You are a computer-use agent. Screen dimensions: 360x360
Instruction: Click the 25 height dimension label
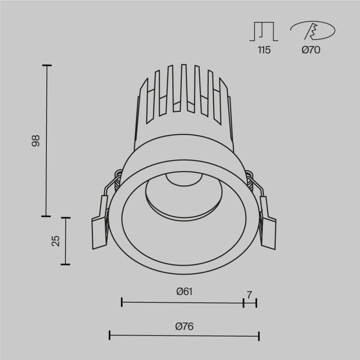[56, 241]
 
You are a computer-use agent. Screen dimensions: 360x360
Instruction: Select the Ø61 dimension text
[184, 292]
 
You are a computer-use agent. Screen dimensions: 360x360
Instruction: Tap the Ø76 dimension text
[184, 326]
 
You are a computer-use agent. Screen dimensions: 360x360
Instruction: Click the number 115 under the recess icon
[264, 50]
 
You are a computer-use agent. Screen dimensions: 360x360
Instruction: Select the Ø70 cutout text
[310, 50]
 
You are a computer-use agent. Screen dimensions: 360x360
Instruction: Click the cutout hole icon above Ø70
[312, 31]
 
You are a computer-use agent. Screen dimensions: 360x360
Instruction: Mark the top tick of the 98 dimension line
[46, 66]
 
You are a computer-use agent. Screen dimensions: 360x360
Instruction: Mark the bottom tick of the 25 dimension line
[66, 264]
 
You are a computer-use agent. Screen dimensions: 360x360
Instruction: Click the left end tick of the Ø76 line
[110, 335]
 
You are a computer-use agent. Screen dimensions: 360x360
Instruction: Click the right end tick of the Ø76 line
[259, 335]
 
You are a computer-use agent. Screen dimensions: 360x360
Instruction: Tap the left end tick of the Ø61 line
[122, 302]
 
